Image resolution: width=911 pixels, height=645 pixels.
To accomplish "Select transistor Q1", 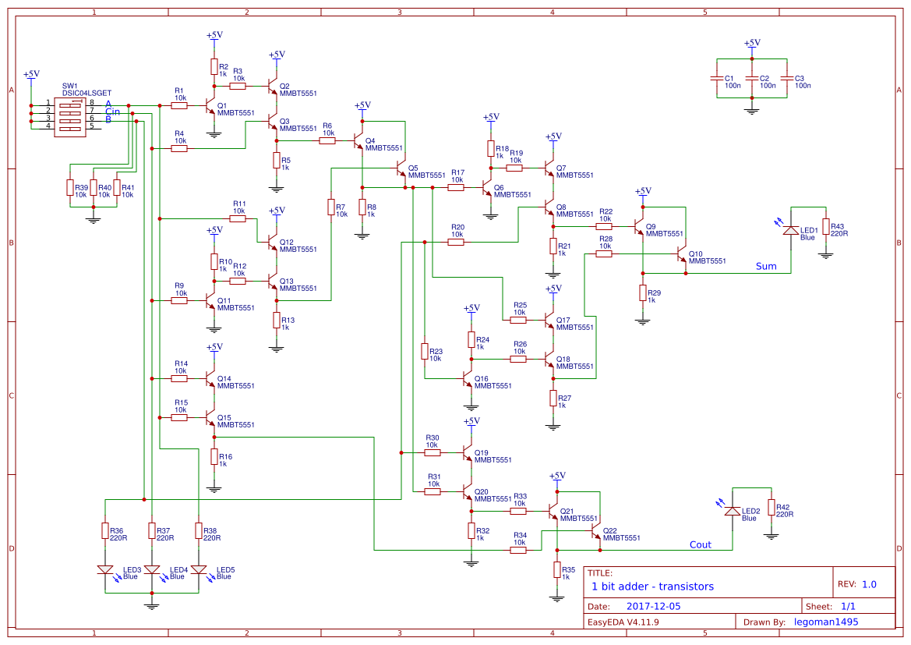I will [x=210, y=105].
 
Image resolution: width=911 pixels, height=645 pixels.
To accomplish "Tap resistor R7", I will [x=331, y=207].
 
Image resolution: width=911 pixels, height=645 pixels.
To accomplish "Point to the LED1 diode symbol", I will [x=791, y=230].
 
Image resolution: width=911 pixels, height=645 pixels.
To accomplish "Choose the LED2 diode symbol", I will [x=733, y=511].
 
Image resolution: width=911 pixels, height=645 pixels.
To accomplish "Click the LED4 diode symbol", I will [x=152, y=570].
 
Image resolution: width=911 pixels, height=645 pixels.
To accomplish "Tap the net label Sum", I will [x=766, y=267].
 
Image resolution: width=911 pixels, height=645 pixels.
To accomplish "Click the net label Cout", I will [x=700, y=544].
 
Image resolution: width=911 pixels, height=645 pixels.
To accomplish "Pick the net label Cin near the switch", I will [x=112, y=112].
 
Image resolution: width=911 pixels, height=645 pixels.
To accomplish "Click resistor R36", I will [x=105, y=530].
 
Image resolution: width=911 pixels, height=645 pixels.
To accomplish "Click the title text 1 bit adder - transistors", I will [x=652, y=587].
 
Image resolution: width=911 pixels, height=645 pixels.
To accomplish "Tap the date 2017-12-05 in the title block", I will [x=653, y=606].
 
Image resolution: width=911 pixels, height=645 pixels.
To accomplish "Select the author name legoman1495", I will [x=825, y=622].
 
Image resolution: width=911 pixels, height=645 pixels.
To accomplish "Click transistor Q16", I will [x=468, y=381].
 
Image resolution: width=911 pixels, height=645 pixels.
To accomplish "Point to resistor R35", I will [x=557, y=569].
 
